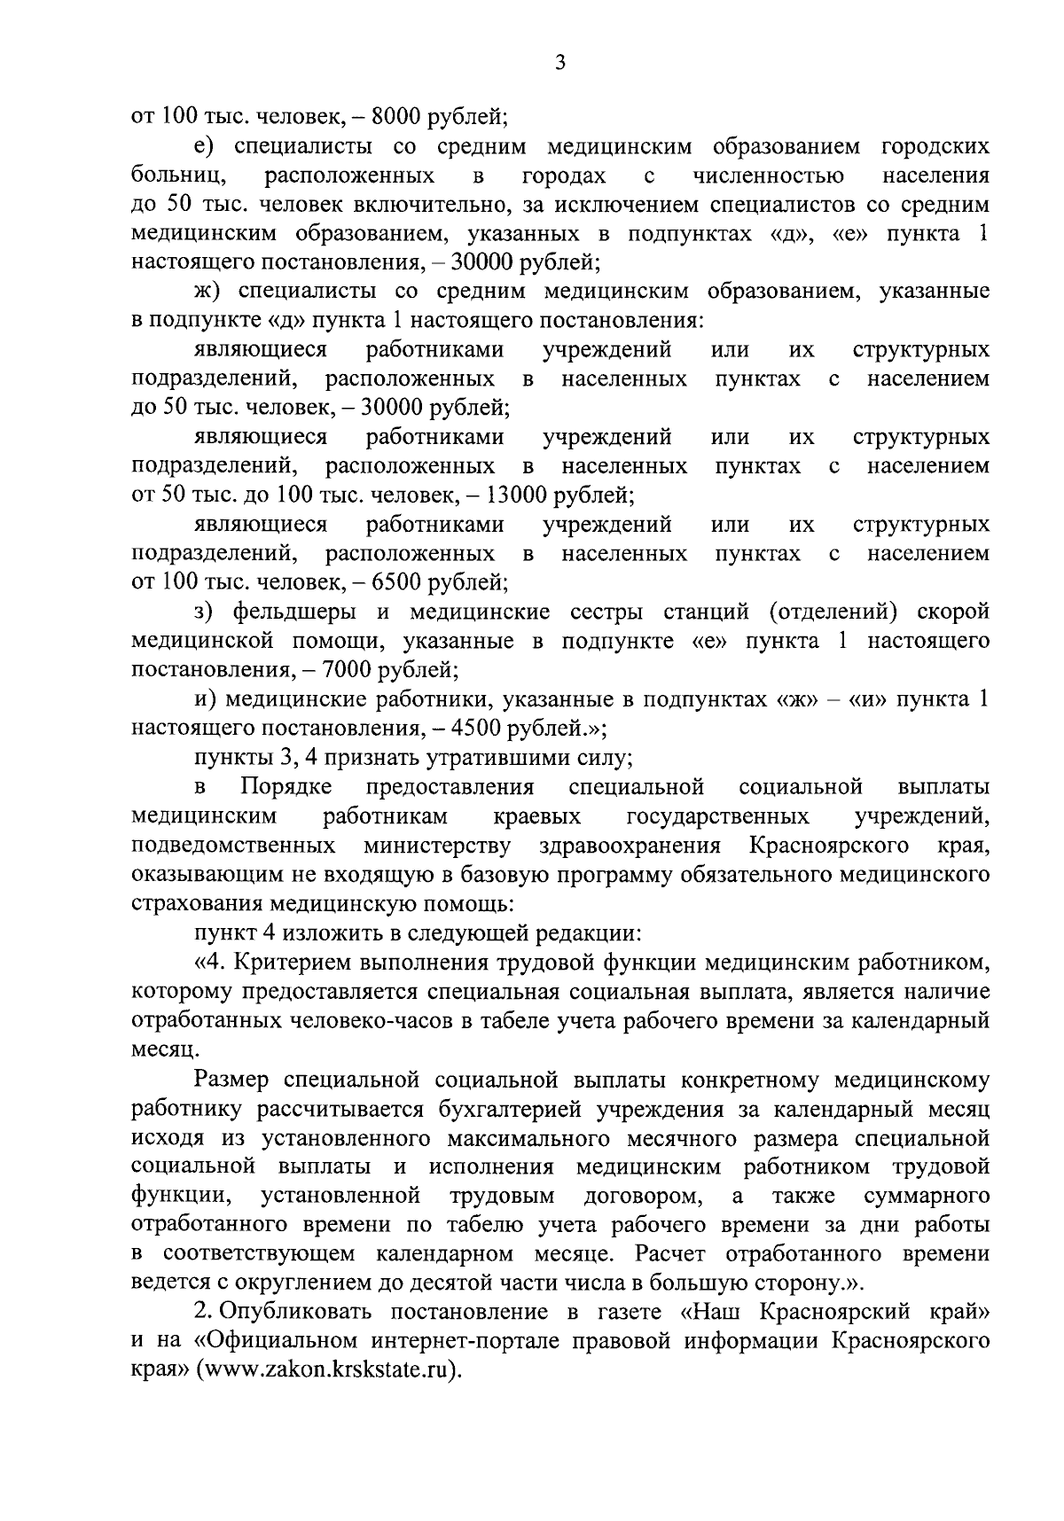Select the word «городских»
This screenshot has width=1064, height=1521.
click(935, 146)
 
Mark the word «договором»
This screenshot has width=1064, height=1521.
click(640, 1197)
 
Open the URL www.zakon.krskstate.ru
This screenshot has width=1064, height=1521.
click(327, 1370)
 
